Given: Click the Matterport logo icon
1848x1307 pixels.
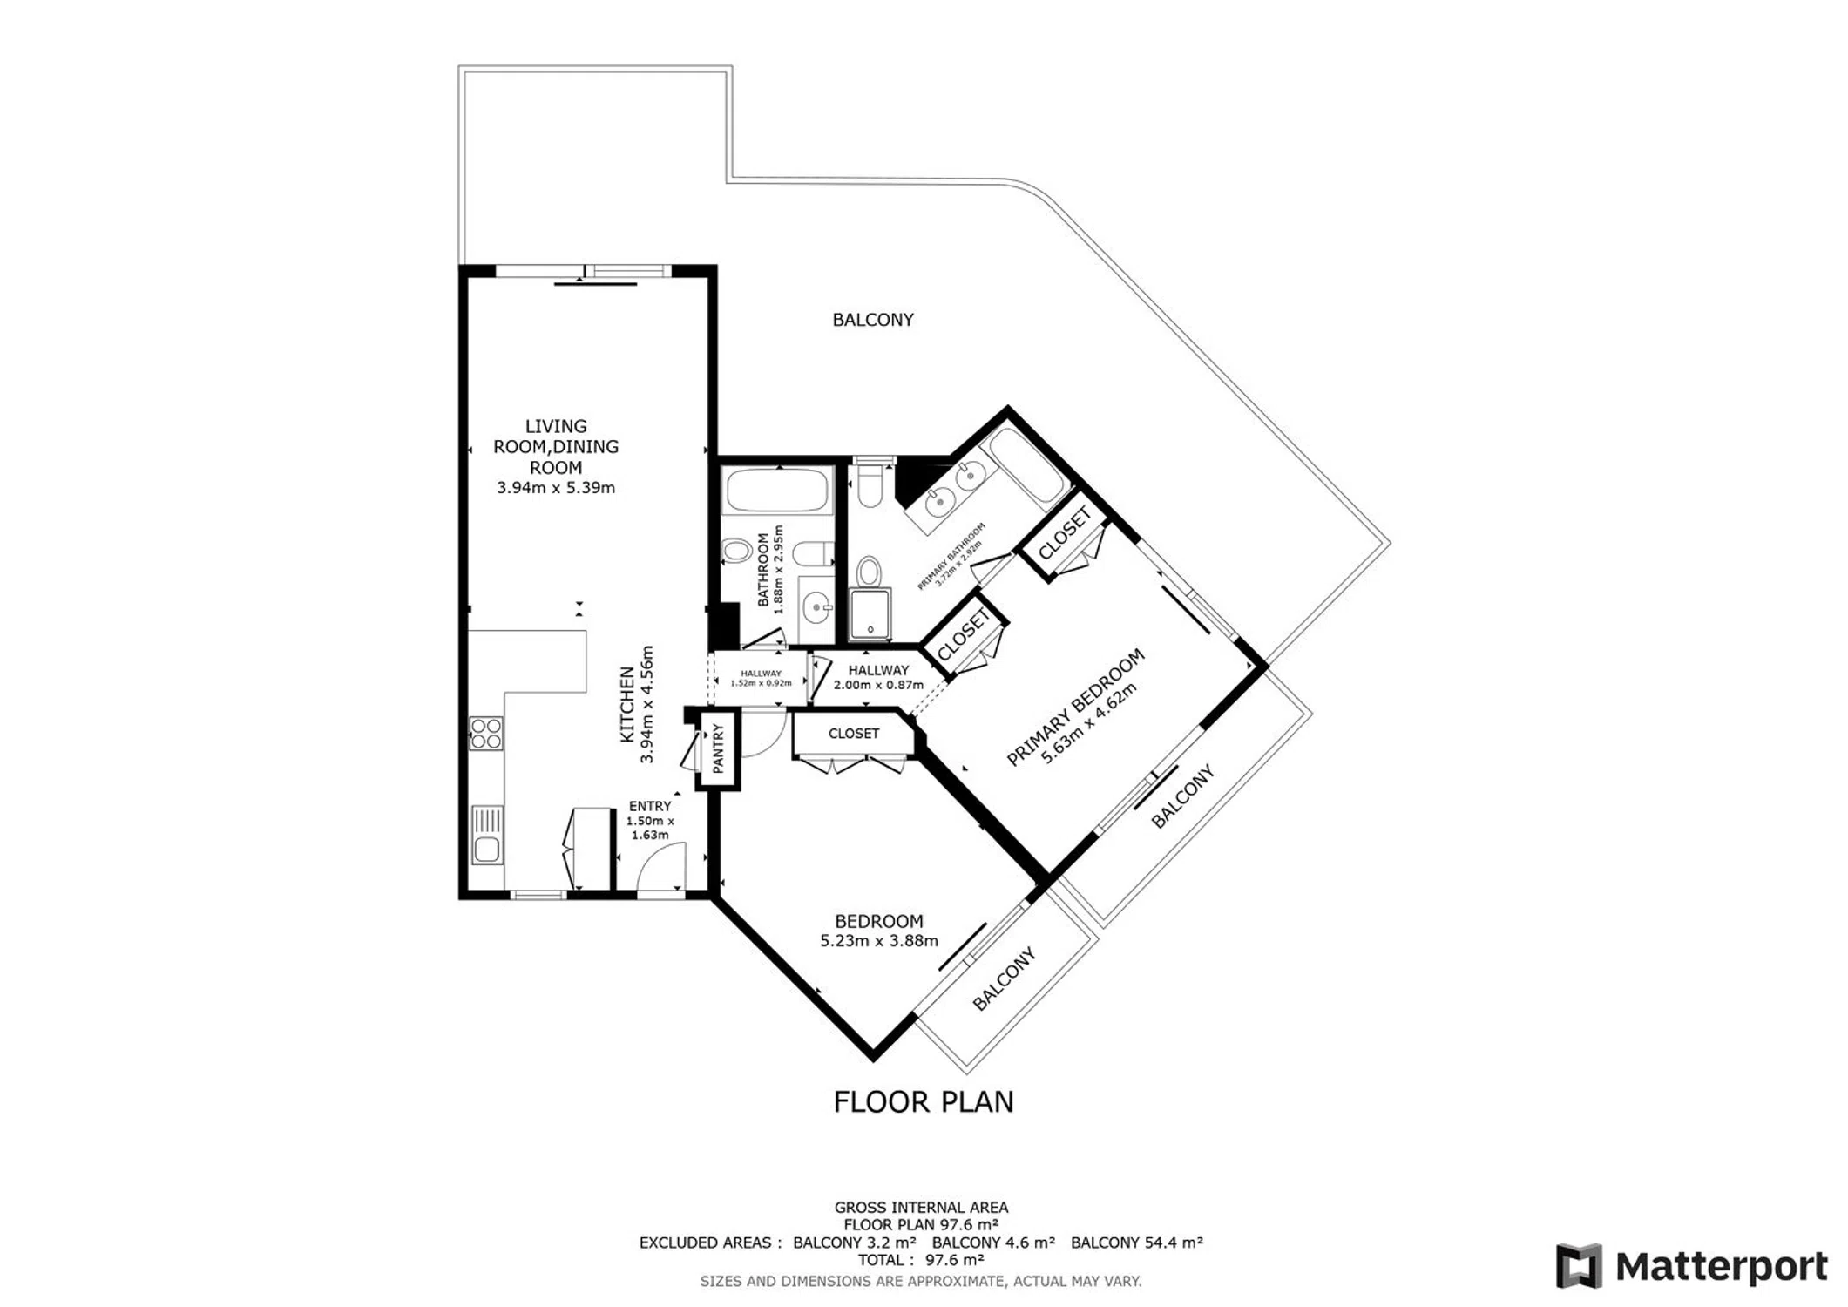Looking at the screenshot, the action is point(1579,1266).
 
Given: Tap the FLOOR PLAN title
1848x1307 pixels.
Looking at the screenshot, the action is point(924,1102).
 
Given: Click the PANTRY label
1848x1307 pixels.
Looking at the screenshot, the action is point(718,748).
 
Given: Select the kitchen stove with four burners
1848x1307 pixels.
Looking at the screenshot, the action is point(485,733).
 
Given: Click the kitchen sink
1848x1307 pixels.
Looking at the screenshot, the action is point(487,835).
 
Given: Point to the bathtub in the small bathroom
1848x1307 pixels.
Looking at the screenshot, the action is point(777,491).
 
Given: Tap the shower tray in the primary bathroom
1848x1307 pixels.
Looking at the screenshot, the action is point(870,614).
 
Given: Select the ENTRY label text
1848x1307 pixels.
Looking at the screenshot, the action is point(650,806).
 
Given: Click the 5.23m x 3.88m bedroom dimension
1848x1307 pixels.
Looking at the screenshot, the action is point(879,941).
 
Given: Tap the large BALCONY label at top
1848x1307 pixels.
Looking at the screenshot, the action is point(873,320).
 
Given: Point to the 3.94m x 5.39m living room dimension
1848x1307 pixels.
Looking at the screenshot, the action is point(556,488).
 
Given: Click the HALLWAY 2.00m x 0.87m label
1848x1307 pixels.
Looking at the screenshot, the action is point(878,677).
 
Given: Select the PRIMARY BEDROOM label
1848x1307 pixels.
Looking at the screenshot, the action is point(1074,707).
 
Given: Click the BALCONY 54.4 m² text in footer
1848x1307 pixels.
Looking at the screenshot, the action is point(1137,1243).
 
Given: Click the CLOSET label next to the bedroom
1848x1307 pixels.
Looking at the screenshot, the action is point(854,734).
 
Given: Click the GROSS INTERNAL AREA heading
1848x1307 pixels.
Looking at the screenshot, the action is point(921,1208).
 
